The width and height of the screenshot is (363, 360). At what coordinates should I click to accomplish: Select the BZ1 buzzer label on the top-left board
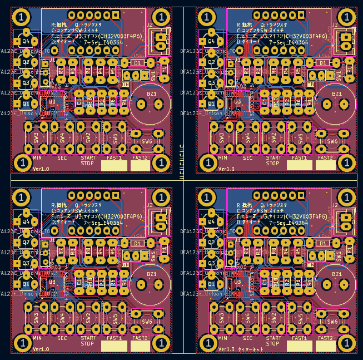151,94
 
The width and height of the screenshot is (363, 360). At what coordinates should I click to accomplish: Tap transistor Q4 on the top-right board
211,41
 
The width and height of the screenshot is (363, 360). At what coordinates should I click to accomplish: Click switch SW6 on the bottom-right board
332,322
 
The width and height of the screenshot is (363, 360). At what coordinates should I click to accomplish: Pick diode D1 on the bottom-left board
137,243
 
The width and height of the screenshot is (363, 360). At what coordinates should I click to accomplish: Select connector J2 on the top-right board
335,25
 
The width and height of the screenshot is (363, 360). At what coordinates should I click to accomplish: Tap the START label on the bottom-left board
87,338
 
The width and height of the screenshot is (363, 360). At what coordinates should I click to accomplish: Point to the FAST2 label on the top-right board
326,158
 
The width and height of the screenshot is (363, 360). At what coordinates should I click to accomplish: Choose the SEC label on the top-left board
62,158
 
